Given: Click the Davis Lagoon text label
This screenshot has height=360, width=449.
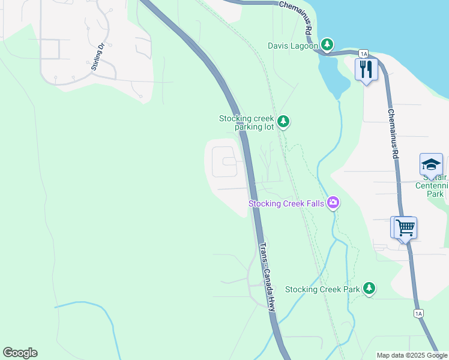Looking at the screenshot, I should pyautogui.click(x=293, y=46).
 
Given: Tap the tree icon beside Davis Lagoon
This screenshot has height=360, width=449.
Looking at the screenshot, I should pyautogui.click(x=327, y=44).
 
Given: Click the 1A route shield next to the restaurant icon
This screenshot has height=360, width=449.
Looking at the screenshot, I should pyautogui.click(x=363, y=53).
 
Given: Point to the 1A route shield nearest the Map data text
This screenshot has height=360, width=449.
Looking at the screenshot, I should pyautogui.click(x=418, y=313).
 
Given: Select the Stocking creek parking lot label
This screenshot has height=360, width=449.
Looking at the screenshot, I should pyautogui.click(x=246, y=122).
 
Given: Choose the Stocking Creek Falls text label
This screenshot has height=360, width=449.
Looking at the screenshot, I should pyautogui.click(x=287, y=204).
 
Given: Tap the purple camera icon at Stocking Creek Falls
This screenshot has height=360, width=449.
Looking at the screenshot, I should pyautogui.click(x=333, y=204).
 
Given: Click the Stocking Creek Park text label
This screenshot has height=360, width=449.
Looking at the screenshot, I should pyautogui.click(x=322, y=289).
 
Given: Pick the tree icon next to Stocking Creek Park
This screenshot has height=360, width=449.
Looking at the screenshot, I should pyautogui.click(x=369, y=289).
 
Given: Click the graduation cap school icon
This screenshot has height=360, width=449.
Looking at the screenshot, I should pyautogui.click(x=431, y=164).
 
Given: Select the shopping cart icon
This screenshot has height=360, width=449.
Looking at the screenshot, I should pyautogui.click(x=405, y=228).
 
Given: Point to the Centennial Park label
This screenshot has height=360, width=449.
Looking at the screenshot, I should pyautogui.click(x=432, y=185).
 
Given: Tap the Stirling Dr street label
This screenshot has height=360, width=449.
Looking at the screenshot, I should pyautogui.click(x=98, y=56).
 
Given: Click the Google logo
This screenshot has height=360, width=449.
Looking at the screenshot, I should pyautogui.click(x=20, y=353).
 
